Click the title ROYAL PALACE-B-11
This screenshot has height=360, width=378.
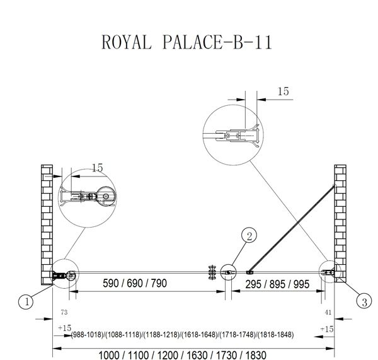[x=187, y=42]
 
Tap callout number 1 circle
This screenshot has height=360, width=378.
[x=26, y=303]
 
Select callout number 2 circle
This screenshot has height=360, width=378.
[x=249, y=236]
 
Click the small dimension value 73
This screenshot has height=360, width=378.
[x=63, y=311]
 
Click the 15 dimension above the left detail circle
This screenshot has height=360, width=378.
[x=97, y=168]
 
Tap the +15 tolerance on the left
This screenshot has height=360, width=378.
[x=64, y=328]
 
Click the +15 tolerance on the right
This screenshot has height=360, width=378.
[x=326, y=328]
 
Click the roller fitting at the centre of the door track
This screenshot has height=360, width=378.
[x=210, y=272]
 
